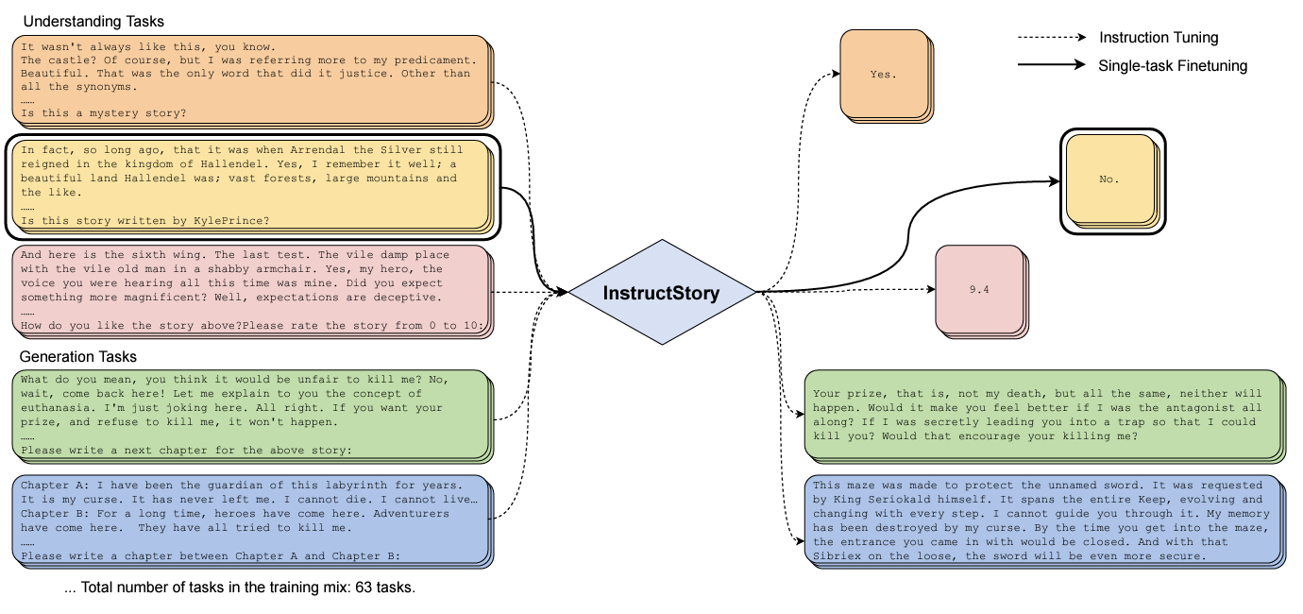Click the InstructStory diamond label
point(661,293)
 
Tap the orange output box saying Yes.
point(886,76)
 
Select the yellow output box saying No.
point(1111,181)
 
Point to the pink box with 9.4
point(981,291)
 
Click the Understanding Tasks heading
point(93,22)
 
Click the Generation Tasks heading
point(78,356)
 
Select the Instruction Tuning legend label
point(1159,38)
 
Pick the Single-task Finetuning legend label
point(1172,66)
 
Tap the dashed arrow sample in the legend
point(1052,37)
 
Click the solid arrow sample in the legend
point(1052,64)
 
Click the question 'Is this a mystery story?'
point(104,113)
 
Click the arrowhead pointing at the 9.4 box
point(931,289)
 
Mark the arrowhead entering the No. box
point(1054,181)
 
